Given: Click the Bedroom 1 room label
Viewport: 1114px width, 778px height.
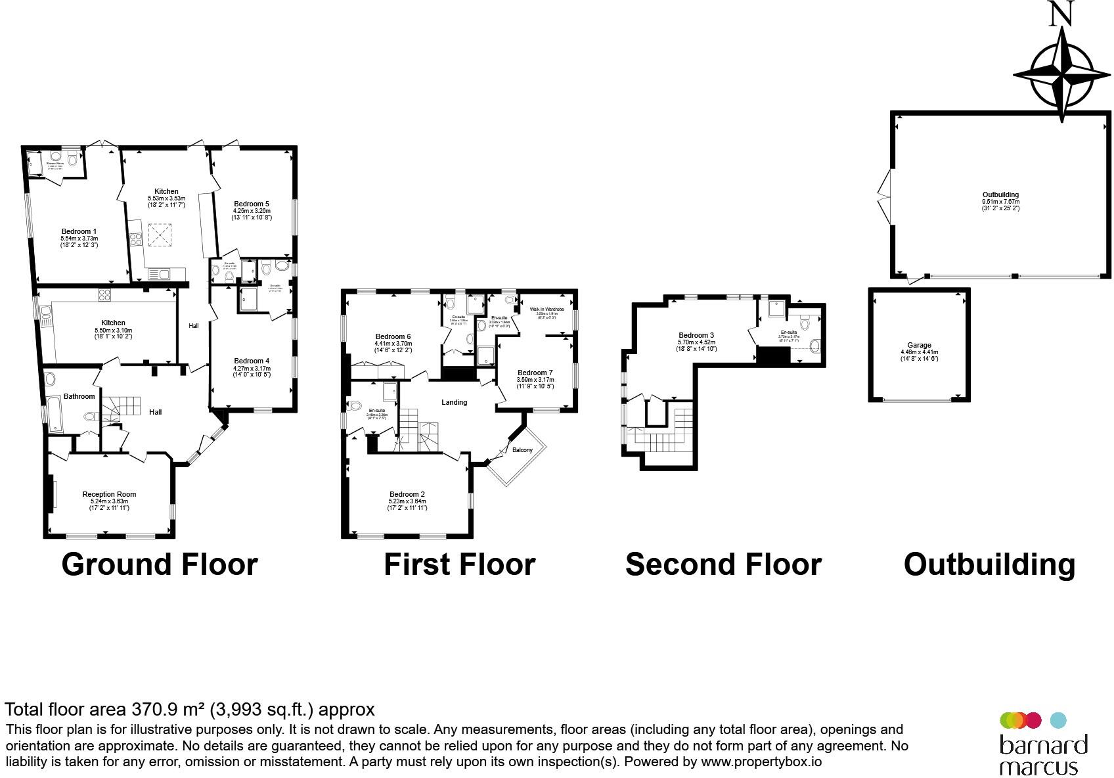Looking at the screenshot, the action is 79,231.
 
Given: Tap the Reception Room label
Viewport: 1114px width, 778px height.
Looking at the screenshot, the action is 109,494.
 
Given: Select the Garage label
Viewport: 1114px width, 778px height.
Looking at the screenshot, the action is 919,345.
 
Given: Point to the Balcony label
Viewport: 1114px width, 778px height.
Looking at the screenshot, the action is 522,450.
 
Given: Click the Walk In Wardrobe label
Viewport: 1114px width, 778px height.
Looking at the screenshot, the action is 546,309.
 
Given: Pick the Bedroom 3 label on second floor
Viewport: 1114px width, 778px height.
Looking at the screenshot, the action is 696,335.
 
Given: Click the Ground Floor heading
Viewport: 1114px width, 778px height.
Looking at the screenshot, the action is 160,564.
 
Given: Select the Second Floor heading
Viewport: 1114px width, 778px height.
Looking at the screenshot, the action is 723,564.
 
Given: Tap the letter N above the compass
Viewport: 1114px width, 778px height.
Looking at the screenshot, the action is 1061,14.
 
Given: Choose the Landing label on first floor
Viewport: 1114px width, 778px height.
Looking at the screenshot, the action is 454,402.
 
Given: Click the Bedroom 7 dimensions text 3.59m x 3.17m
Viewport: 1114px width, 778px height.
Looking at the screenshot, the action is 535,380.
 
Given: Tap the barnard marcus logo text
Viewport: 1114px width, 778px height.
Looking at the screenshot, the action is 1043,755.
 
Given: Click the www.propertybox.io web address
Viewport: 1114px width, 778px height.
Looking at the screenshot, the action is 761,762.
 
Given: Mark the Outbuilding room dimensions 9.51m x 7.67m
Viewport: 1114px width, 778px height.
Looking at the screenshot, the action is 1000,202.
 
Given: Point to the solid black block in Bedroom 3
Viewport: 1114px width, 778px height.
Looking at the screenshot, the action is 772,355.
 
